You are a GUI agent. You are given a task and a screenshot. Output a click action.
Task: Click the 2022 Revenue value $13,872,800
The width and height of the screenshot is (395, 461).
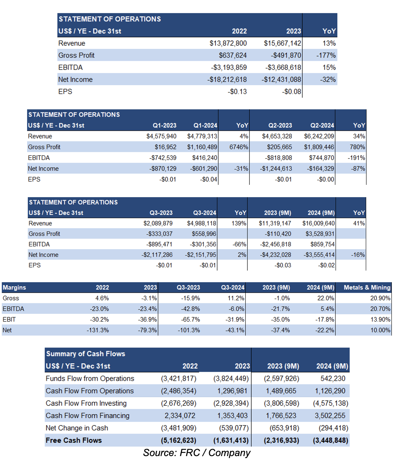click(x=228, y=43)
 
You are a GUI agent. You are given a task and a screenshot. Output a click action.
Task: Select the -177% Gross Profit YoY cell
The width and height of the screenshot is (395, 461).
click(x=326, y=55)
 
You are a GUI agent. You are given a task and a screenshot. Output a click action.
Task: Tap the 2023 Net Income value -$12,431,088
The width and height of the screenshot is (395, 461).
click(x=281, y=79)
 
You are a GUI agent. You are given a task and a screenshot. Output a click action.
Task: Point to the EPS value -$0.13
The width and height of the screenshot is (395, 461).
click(x=237, y=91)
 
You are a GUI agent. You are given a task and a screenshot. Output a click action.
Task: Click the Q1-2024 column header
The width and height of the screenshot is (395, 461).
click(x=205, y=125)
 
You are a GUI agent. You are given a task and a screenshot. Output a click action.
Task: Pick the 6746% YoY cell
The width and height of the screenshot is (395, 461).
click(x=239, y=147)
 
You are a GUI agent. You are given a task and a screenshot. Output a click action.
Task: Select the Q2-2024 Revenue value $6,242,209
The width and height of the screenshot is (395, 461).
click(x=319, y=136)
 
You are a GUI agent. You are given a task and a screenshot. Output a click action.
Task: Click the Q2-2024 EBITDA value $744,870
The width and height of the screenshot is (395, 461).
click(x=322, y=158)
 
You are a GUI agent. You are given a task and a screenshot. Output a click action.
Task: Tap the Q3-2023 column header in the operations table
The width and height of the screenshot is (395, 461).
click(x=161, y=213)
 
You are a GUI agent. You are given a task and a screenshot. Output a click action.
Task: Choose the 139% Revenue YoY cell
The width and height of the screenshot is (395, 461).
click(x=239, y=223)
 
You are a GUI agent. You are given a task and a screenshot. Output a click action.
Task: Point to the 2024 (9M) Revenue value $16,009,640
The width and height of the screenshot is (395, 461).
click(x=318, y=223)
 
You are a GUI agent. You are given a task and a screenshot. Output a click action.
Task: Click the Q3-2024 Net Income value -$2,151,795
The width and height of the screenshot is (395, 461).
click(x=201, y=255)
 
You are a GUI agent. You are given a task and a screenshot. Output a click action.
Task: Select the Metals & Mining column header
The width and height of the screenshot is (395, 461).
click(x=367, y=287)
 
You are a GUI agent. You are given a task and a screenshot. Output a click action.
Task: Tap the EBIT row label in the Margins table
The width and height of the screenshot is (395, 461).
click(x=9, y=320)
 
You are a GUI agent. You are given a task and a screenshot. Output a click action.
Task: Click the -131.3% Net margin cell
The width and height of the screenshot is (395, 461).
click(x=98, y=330)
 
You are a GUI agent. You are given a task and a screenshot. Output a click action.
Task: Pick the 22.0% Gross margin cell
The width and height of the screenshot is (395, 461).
click(x=326, y=298)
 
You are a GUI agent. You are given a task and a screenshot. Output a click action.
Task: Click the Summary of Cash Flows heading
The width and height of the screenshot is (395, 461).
click(x=86, y=354)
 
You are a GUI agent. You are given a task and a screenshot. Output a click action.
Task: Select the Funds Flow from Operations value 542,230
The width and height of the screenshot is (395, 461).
click(x=333, y=378)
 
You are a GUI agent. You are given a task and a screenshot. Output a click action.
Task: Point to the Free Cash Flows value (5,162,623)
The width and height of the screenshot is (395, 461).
click(x=179, y=441)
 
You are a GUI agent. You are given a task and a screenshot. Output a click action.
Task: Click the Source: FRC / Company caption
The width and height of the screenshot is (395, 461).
click(x=197, y=453)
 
